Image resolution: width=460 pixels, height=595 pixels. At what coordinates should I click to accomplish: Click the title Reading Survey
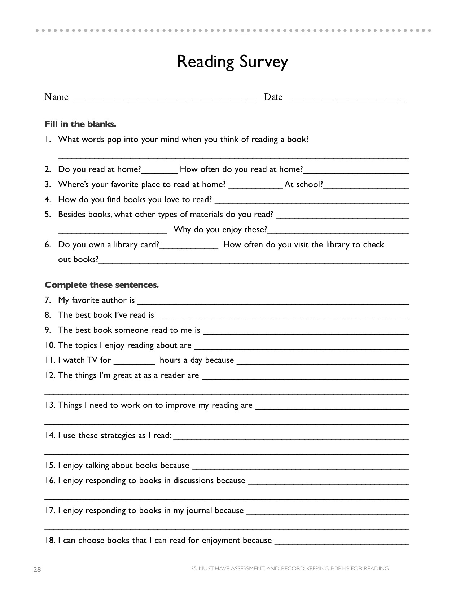(232, 62)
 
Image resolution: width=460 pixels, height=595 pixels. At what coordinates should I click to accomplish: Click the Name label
(56, 97)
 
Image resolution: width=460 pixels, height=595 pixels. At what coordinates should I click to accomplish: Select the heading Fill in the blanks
(80, 124)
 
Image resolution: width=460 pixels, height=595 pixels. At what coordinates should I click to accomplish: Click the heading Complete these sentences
(102, 285)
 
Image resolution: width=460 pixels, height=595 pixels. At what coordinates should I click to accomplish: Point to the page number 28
(37, 569)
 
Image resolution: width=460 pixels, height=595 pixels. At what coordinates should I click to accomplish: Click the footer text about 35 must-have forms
(290, 569)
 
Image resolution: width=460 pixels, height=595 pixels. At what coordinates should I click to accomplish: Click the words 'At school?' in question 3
(303, 185)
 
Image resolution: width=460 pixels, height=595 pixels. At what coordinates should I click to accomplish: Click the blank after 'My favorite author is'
(273, 302)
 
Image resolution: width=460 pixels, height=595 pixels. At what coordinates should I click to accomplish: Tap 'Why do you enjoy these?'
(220, 230)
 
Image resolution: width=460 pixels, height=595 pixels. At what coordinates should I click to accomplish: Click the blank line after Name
(165, 99)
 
